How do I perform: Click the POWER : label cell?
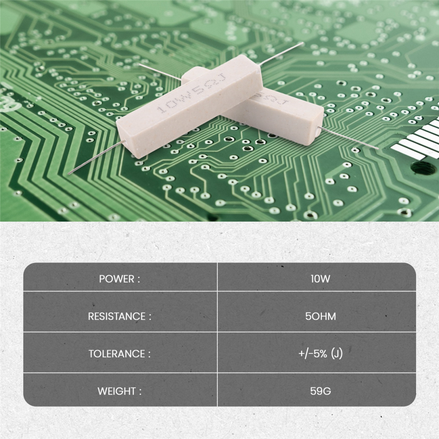[x=119, y=279]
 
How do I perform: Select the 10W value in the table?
[x=320, y=279]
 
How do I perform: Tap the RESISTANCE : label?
[x=120, y=316]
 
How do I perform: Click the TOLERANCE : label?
[x=120, y=353]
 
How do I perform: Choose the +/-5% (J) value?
[x=320, y=353]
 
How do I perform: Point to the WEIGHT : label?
[x=120, y=391]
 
